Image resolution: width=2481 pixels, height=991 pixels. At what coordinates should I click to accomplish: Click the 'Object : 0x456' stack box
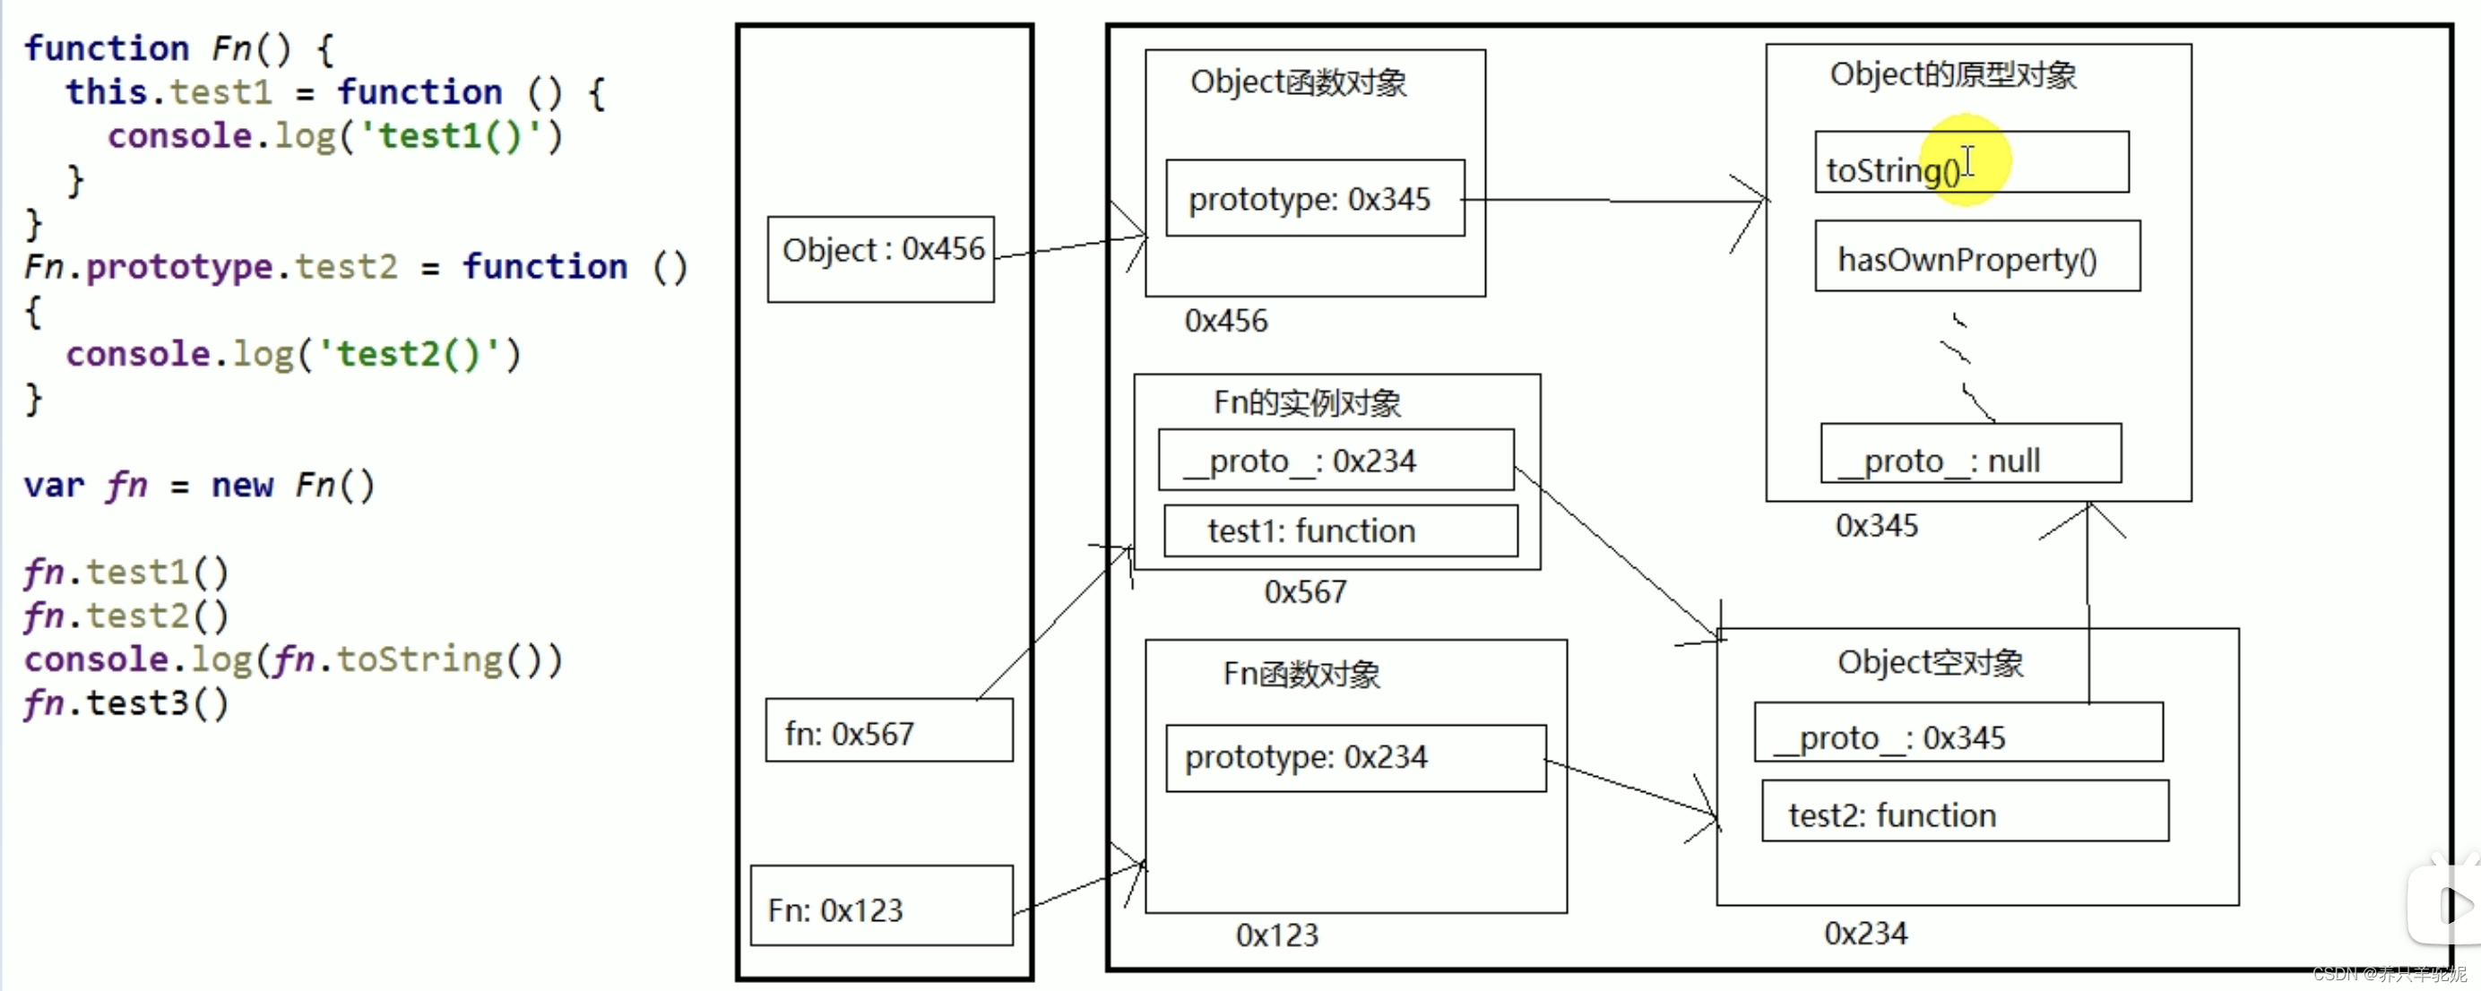(x=880, y=258)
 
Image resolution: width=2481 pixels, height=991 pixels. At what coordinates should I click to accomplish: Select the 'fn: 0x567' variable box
(x=888, y=730)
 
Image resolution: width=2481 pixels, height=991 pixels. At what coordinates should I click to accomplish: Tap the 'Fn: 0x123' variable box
(x=880, y=905)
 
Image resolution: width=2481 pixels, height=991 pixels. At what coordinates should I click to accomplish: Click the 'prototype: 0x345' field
(x=1314, y=198)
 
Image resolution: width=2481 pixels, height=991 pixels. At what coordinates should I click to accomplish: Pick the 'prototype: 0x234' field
(x=1354, y=758)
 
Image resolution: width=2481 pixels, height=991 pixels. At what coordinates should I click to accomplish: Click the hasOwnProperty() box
(x=1976, y=256)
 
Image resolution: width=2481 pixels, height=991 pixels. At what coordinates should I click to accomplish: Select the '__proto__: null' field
(x=1969, y=453)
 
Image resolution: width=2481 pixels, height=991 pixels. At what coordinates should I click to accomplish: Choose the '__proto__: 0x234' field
(x=1335, y=461)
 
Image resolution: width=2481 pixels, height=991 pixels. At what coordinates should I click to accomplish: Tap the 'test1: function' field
(x=1340, y=530)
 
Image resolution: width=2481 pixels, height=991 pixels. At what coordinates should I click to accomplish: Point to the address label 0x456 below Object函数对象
(x=1225, y=321)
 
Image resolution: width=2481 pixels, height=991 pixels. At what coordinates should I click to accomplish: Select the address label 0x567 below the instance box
(x=1304, y=591)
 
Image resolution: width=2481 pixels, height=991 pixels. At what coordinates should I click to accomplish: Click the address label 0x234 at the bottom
(x=1864, y=932)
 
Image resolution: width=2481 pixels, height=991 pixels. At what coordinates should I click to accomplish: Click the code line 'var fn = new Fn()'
(x=198, y=485)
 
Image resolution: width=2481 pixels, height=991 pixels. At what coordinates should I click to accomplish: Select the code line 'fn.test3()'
(x=126, y=703)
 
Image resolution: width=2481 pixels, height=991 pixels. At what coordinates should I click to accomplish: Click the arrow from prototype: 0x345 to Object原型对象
(x=1614, y=201)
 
